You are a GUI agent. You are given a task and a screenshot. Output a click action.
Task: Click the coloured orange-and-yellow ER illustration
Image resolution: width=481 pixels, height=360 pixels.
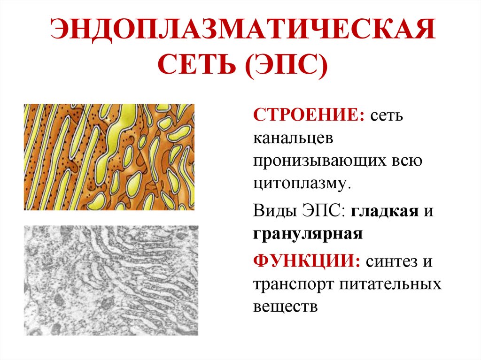pyautogui.click(x=109, y=157)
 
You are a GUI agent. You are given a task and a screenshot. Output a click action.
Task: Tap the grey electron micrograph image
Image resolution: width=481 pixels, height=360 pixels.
pyautogui.click(x=111, y=280)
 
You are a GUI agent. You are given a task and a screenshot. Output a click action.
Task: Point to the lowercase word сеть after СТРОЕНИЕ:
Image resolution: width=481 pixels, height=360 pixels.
pyautogui.click(x=386, y=115)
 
